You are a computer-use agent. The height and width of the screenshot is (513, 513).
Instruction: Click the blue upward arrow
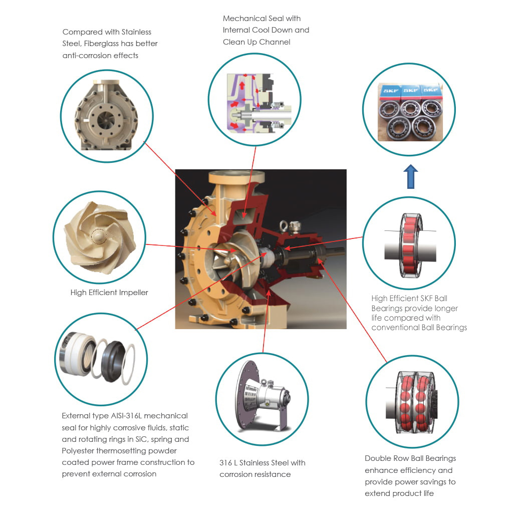pyautogui.click(x=411, y=177)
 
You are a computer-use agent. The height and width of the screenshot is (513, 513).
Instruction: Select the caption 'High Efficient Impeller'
pyautogui.click(x=109, y=293)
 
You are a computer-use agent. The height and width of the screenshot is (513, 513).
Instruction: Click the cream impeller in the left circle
pyautogui.click(x=100, y=237)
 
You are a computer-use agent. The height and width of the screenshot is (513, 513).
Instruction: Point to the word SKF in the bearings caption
pyautogui.click(x=426, y=299)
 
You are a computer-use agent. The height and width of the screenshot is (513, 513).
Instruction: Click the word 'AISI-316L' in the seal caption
pyautogui.click(x=126, y=416)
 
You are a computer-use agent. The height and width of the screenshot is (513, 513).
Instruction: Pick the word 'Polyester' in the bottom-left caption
pyautogui.click(x=78, y=451)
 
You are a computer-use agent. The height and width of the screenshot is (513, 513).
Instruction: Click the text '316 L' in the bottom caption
pyautogui.click(x=228, y=463)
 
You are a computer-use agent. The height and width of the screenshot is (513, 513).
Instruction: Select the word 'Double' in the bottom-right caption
pyautogui.click(x=377, y=458)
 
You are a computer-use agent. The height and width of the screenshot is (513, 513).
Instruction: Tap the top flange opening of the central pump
pyautogui.click(x=236, y=176)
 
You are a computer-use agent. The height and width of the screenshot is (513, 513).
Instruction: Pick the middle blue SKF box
pyautogui.click(x=411, y=91)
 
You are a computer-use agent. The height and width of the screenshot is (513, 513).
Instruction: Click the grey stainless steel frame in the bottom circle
pyautogui.click(x=264, y=397)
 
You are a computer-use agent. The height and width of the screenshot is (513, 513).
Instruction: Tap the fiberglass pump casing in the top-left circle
pyautogui.click(x=106, y=115)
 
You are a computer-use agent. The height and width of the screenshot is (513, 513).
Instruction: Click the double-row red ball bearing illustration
pyautogui.click(x=413, y=402)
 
